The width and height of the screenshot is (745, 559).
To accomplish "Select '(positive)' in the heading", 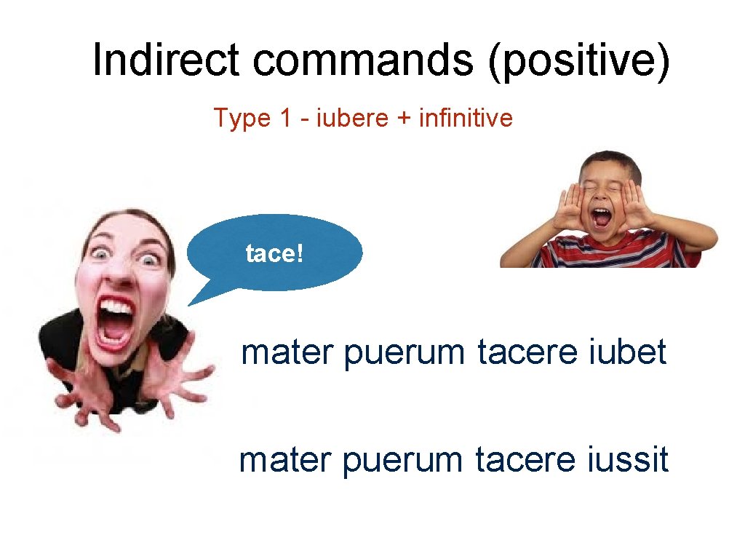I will pos(578,60).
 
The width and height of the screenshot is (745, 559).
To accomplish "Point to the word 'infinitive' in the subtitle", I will pos(466,118).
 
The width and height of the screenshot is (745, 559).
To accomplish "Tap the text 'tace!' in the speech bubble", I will pos(274,255).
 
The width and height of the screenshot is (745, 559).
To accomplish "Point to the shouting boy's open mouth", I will pos(602,217).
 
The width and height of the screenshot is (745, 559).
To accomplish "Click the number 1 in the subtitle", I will pos(284,118).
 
